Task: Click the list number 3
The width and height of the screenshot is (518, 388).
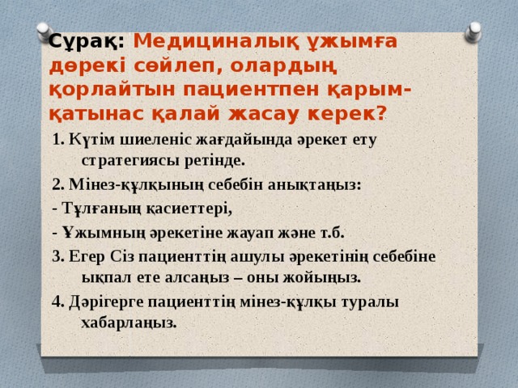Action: pyautogui.click(x=56, y=256)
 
